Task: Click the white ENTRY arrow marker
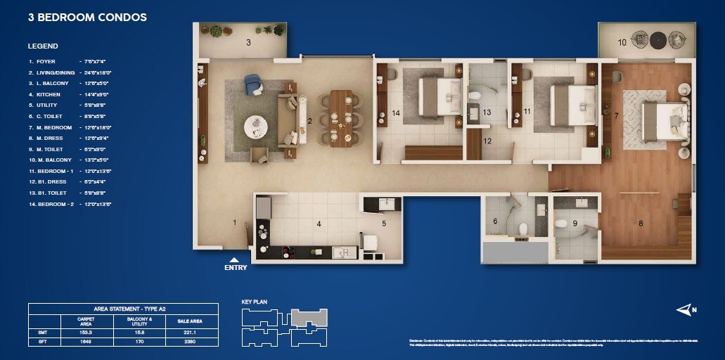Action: click(x=235, y=259)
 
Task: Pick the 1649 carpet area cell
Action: click(x=86, y=342)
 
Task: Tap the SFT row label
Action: click(x=42, y=342)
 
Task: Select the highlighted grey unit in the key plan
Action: click(x=309, y=318)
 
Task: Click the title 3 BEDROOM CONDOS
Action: click(x=87, y=17)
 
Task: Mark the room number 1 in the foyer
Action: click(x=235, y=223)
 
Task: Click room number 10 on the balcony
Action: click(x=622, y=42)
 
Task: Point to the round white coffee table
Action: click(x=255, y=127)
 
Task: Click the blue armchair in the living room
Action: click(x=252, y=84)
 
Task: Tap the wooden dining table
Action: click(x=341, y=117)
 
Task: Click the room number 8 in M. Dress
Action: click(x=640, y=224)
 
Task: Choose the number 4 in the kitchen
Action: click(x=319, y=224)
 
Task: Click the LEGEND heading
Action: click(x=43, y=46)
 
